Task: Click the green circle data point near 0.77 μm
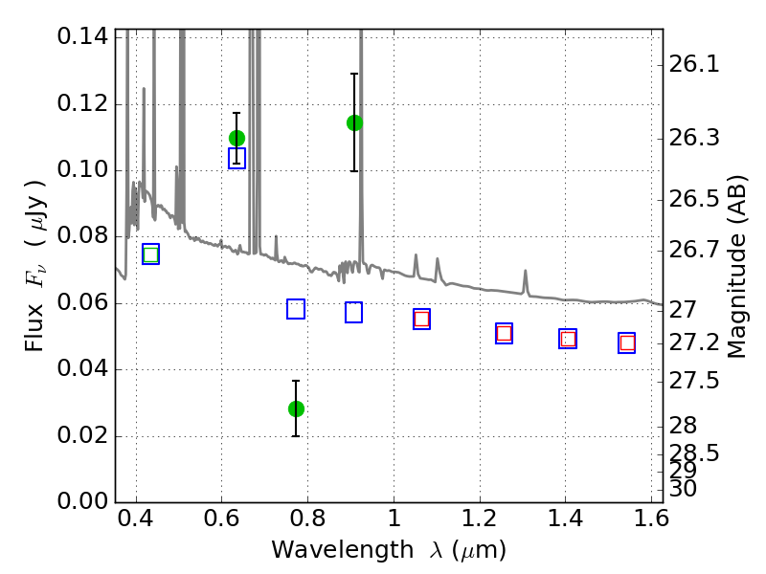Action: (296, 408)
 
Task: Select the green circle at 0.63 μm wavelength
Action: (237, 138)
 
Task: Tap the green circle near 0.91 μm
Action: (354, 123)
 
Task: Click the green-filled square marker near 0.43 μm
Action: (151, 254)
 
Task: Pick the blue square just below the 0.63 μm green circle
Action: (237, 159)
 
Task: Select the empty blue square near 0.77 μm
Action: (296, 309)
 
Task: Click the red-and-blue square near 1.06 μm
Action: (421, 320)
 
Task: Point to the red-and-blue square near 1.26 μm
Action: (504, 333)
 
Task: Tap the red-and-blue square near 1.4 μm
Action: (568, 339)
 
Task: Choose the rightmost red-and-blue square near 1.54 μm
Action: (627, 343)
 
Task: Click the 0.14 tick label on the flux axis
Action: (82, 36)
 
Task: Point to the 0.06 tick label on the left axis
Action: (82, 302)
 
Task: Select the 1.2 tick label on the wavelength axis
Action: (480, 519)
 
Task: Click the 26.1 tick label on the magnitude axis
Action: (693, 64)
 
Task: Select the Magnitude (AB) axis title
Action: (736, 267)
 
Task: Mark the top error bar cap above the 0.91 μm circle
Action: (354, 74)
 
